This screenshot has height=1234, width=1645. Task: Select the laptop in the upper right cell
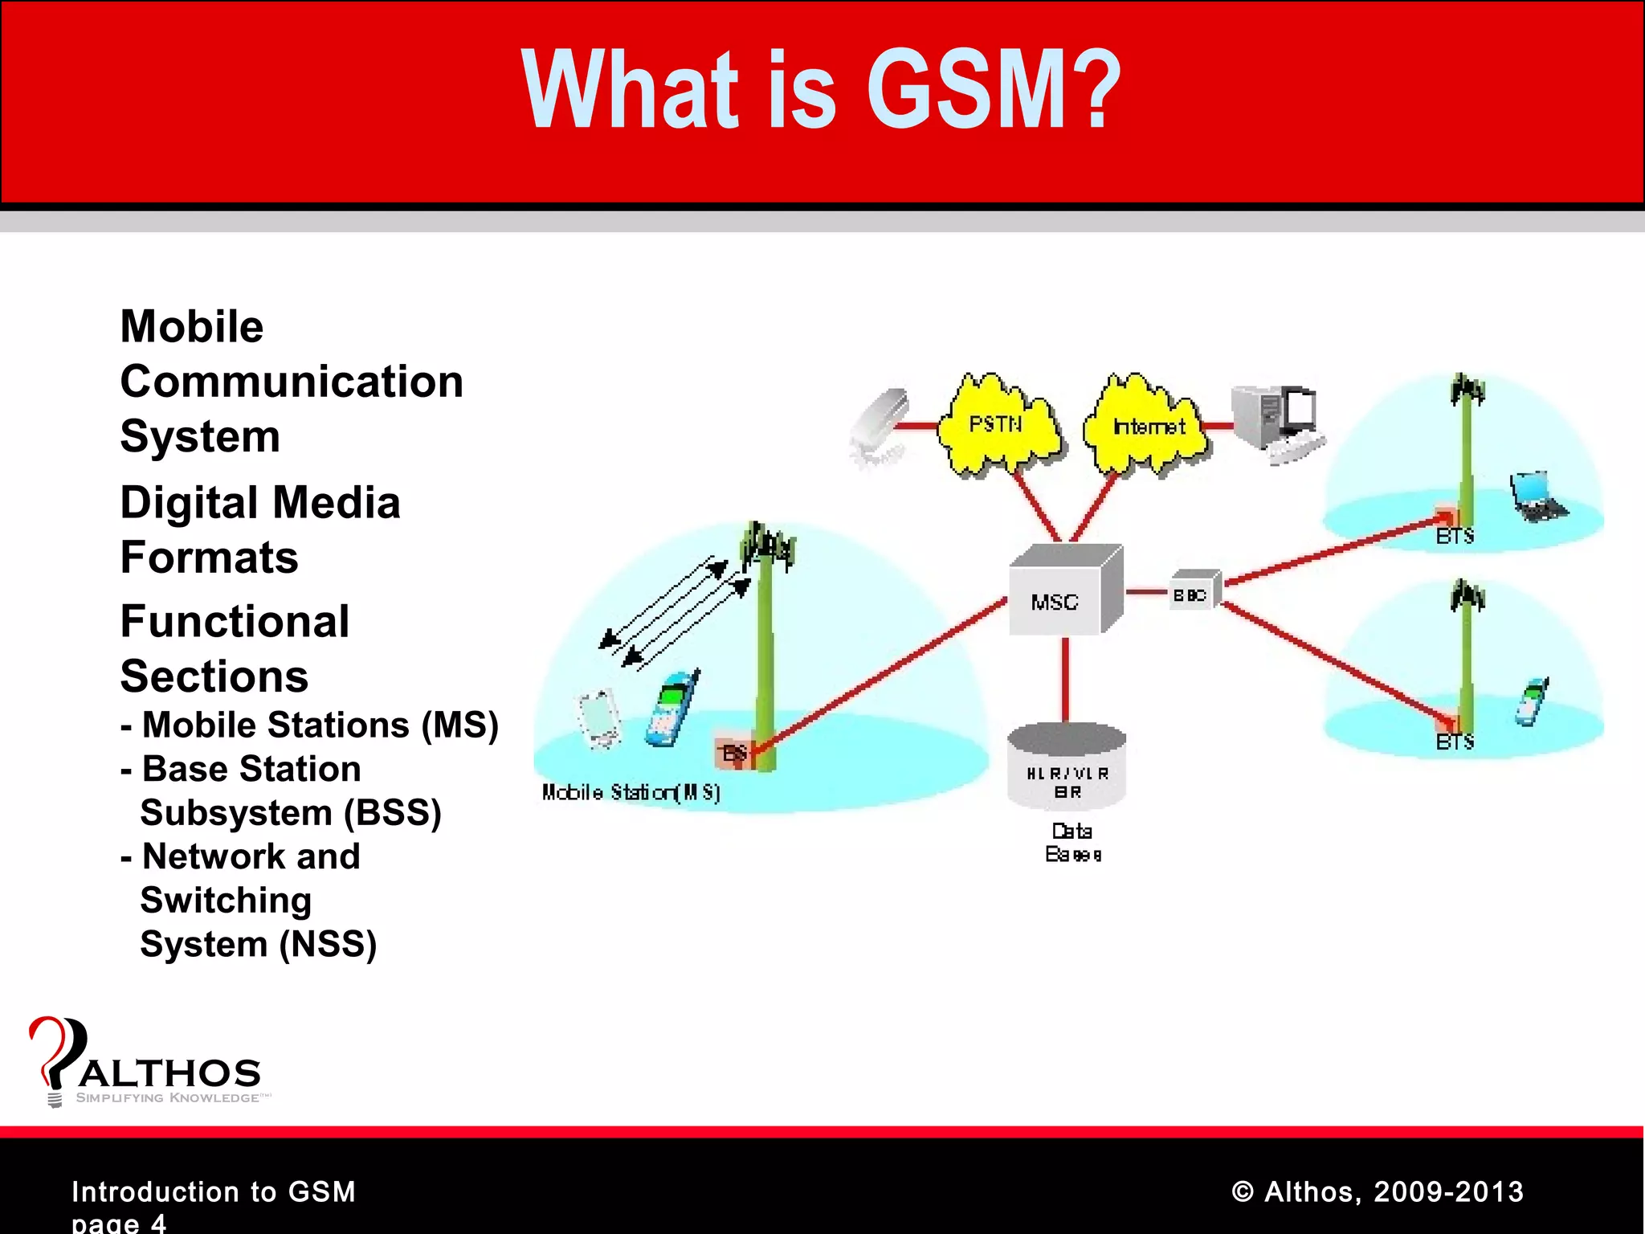click(1537, 496)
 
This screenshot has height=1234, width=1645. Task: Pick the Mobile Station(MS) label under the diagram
click(631, 793)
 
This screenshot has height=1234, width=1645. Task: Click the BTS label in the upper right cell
click(1455, 537)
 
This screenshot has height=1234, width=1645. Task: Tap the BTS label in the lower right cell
click(1455, 742)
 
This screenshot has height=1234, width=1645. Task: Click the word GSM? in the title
click(993, 90)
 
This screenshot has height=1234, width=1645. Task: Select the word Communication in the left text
click(292, 382)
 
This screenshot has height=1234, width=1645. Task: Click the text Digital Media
click(259, 503)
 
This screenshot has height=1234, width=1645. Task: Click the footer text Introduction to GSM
click(214, 1191)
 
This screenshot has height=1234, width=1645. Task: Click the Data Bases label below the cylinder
click(1072, 843)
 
